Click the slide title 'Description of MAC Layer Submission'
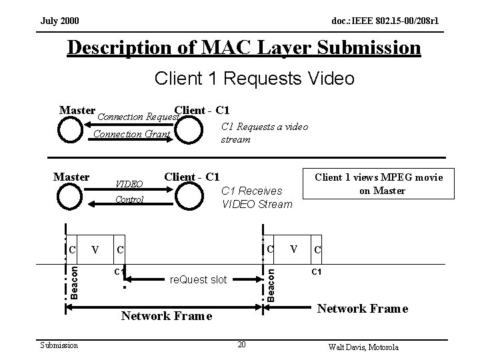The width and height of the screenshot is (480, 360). (244, 49)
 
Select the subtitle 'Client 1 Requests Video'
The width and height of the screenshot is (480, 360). (254, 79)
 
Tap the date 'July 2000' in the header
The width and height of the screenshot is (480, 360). (59, 21)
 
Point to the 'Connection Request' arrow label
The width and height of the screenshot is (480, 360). (139, 117)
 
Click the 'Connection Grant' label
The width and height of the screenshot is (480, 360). (131, 134)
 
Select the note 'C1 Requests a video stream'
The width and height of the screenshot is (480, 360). (264, 133)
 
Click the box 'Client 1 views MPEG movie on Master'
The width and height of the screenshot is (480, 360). (378, 183)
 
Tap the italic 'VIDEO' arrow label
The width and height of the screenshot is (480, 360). (129, 184)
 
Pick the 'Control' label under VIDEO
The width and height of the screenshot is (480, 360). (129, 199)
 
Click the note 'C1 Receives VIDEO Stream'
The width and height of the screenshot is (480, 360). (257, 197)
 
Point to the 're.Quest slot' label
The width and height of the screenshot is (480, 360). (198, 281)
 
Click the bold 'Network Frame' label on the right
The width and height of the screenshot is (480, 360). (362, 309)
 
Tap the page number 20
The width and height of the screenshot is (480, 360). (243, 344)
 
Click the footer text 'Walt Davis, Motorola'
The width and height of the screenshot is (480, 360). (364, 347)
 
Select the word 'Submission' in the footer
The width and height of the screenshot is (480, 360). (59, 345)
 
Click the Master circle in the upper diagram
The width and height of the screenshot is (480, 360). (69, 131)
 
